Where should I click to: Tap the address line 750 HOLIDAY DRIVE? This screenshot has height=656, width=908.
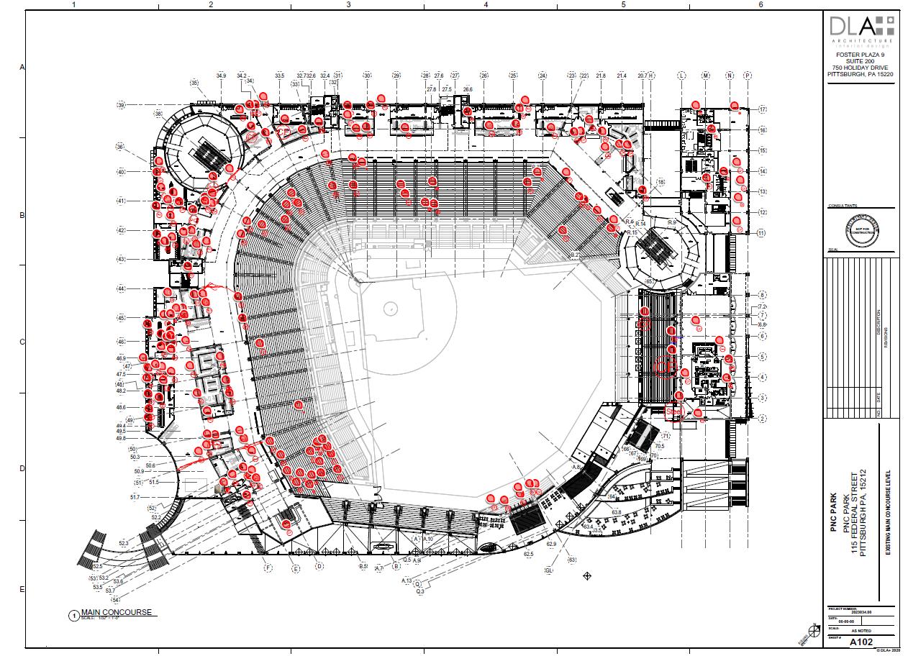coord(861,68)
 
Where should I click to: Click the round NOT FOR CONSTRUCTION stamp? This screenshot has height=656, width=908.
coord(861,231)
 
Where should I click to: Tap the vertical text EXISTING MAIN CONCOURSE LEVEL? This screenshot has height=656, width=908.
coord(888,511)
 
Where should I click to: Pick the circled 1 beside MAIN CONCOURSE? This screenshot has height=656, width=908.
coord(73,615)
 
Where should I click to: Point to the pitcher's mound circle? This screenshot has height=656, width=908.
coord(391,308)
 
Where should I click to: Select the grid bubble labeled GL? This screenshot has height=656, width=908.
coord(549,570)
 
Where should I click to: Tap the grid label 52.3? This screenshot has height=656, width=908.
coord(124,543)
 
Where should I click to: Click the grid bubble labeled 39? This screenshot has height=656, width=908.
coord(121,105)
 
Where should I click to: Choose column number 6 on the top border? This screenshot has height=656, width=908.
coord(760,4)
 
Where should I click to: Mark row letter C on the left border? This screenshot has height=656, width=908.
coord(22,342)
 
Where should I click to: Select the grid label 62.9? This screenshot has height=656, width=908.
coord(551,544)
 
